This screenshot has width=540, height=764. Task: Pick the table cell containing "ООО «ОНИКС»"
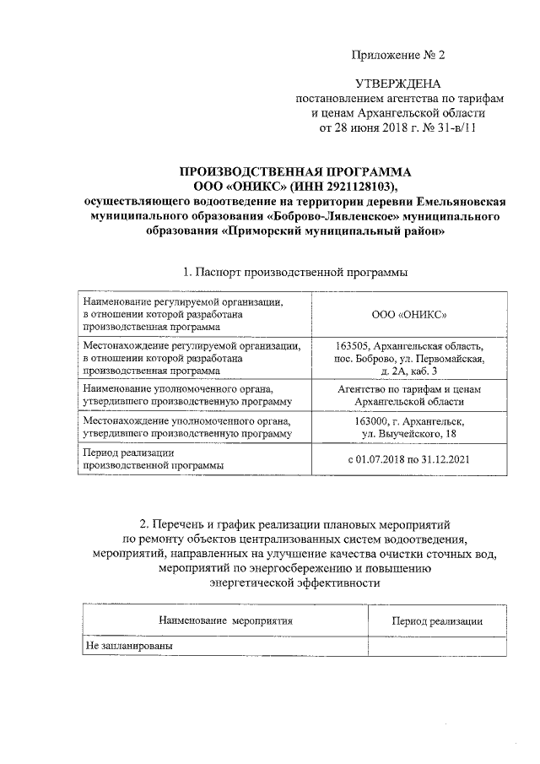click(x=409, y=314)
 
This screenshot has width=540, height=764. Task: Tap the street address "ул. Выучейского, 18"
click(x=409, y=433)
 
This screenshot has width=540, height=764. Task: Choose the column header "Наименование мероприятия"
click(x=225, y=620)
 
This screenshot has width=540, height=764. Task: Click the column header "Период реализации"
click(x=437, y=621)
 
